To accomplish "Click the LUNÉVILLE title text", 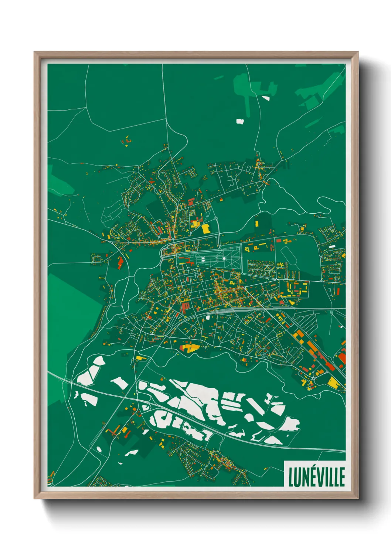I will (x=316, y=476).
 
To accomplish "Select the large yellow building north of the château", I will (x=205, y=228).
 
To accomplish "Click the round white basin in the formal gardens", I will (x=224, y=258).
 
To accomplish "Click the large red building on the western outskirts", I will (x=120, y=262).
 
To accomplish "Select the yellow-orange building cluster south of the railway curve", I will (x=189, y=348).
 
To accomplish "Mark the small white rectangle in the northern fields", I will (x=240, y=121).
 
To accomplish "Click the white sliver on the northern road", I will (x=266, y=98).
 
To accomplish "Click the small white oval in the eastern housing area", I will (x=332, y=246).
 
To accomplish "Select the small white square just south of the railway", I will (x=208, y=317).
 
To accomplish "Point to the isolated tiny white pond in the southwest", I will (x=99, y=449).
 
